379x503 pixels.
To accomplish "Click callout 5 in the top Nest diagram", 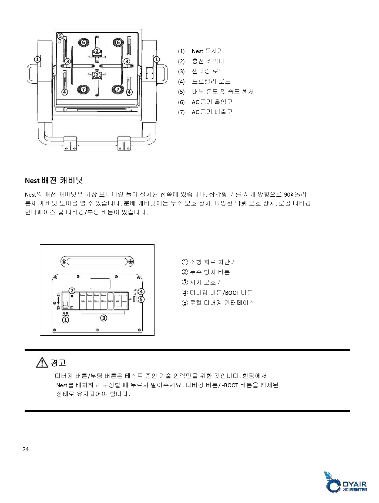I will (x=60, y=36).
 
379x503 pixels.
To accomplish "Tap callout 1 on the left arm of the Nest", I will (x=38, y=59).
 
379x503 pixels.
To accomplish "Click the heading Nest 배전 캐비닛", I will (x=54, y=180).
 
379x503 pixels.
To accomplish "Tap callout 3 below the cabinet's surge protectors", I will (x=104, y=318).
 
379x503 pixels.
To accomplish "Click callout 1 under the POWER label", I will (x=66, y=320).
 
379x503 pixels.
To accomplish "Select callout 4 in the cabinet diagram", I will (x=141, y=292).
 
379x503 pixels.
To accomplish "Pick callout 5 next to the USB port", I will (x=141, y=299).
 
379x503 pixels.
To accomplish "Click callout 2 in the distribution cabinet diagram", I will (x=72, y=290).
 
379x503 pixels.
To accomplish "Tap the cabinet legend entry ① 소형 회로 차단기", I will (x=209, y=262).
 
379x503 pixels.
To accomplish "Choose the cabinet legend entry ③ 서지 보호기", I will (x=202, y=282).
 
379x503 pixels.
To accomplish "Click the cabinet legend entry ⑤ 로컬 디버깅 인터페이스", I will (x=218, y=303).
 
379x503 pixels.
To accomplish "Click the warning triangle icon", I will (x=42, y=362).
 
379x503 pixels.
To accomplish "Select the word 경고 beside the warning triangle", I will (x=58, y=362).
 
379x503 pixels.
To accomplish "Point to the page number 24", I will (x=25, y=449).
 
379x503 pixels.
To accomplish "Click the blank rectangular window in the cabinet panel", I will (x=100, y=284).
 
